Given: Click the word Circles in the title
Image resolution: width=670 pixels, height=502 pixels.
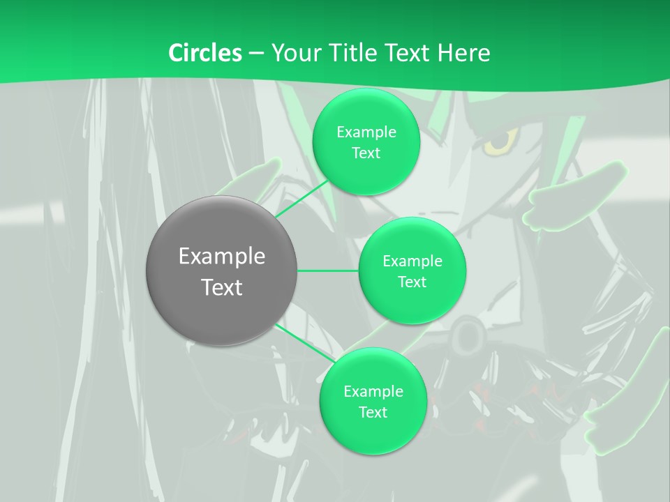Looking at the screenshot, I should (204, 53).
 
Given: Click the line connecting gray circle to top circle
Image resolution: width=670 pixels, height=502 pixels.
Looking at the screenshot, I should (301, 199).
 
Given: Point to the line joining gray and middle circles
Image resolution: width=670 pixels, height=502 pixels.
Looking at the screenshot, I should (328, 271).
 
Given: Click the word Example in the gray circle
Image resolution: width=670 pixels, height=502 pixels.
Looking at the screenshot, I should (221, 257).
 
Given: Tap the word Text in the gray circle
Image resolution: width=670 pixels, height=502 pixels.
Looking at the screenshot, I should (221, 287).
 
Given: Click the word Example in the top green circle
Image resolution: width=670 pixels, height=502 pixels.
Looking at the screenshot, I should (366, 132).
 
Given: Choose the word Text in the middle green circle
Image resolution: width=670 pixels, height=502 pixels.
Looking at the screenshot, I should (412, 282).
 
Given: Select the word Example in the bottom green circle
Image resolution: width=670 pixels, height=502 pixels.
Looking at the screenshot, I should (373, 391).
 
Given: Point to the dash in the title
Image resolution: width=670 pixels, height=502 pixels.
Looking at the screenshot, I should (255, 53).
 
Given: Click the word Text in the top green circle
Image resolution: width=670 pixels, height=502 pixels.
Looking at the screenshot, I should (366, 153).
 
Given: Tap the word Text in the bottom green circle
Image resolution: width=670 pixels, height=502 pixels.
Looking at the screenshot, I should (373, 412).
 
